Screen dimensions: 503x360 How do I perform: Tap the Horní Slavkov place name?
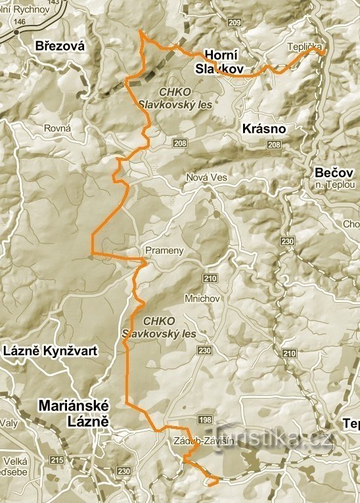221,62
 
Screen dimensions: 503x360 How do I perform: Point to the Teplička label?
304,47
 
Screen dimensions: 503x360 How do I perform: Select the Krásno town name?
263,129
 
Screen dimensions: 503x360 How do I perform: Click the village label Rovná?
57,129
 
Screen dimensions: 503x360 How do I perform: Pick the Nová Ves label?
206,178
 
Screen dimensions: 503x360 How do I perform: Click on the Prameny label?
160,251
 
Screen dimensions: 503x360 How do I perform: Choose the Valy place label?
9,423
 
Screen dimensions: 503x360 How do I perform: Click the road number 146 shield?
19,22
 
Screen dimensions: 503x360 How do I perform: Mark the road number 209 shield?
236,23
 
